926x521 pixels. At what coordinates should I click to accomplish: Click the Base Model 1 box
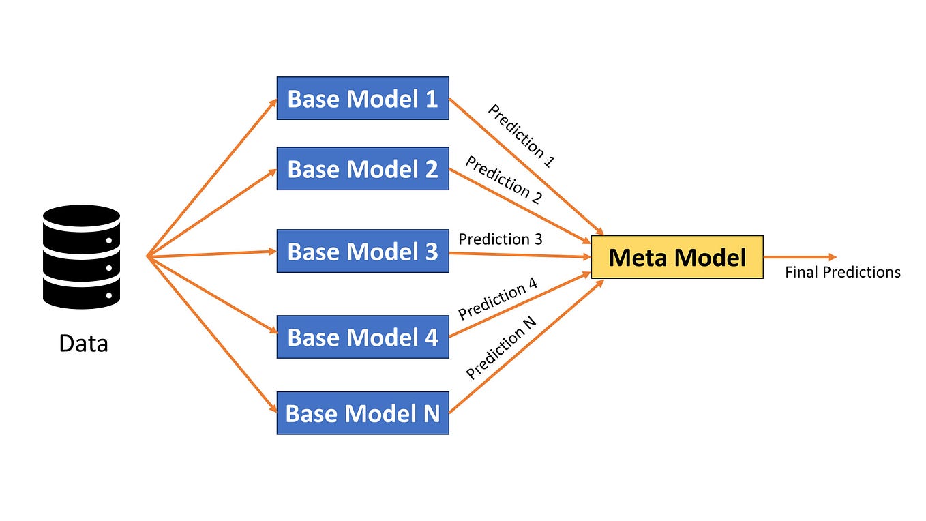pyautogui.click(x=362, y=98)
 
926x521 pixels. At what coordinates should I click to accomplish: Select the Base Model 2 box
pyautogui.click(x=362, y=168)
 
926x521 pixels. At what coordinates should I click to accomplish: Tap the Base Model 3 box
pyautogui.click(x=362, y=252)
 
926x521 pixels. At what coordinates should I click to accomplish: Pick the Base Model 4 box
pyautogui.click(x=362, y=337)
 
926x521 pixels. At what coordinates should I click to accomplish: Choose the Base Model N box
pyautogui.click(x=362, y=413)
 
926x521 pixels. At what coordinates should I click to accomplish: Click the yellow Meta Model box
pyautogui.click(x=676, y=257)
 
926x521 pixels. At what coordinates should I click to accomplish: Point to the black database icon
pyautogui.click(x=81, y=256)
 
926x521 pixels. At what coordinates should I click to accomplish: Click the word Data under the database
pyautogui.click(x=83, y=343)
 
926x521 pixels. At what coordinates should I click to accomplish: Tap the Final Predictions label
pyautogui.click(x=842, y=273)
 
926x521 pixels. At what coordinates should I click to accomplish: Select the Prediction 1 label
pyautogui.click(x=522, y=136)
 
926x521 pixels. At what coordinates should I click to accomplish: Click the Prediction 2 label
pyautogui.click(x=503, y=179)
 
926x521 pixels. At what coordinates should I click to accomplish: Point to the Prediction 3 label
pyautogui.click(x=500, y=239)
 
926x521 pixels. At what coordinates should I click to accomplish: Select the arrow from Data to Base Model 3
pyautogui.click(x=211, y=254)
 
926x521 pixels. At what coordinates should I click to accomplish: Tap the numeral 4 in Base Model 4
pyautogui.click(x=431, y=337)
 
